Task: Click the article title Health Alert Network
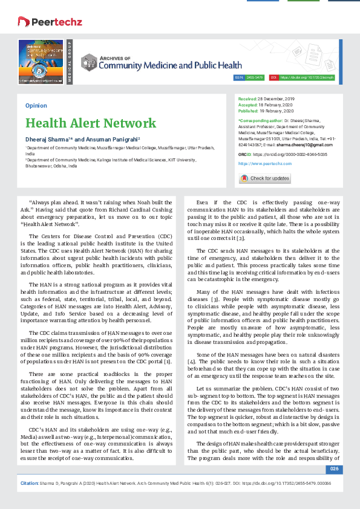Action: tap(91, 123)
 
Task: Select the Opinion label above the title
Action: tap(36, 105)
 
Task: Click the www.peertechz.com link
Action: tap(265, 164)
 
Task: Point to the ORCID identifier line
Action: tap(283, 155)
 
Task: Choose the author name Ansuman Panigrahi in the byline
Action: tap(110, 140)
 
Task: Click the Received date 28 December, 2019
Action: tap(276, 98)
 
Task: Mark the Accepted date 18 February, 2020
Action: tap(276, 105)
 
